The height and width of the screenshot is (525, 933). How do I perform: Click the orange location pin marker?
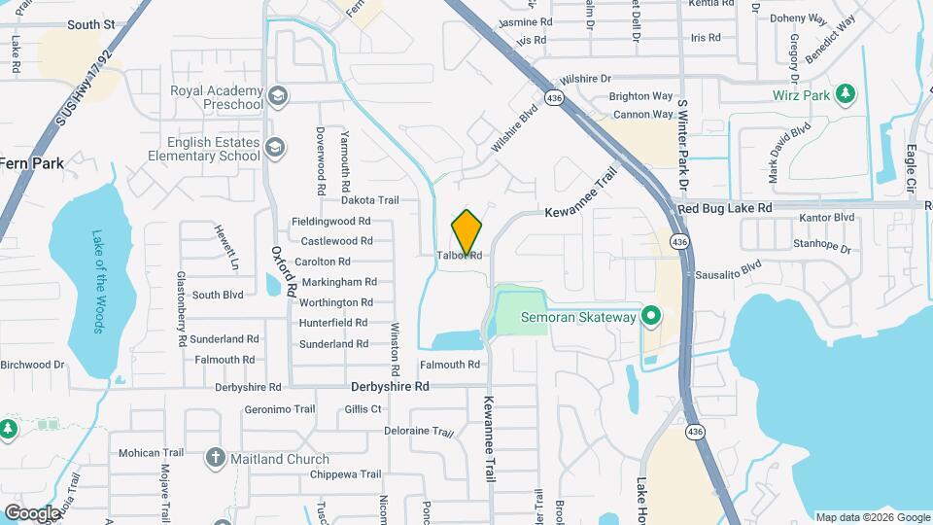coord(466,232)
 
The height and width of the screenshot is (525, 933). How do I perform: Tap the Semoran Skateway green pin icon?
coord(652,317)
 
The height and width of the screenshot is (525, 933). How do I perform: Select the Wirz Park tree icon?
coord(847,93)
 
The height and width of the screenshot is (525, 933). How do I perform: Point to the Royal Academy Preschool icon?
coord(278,95)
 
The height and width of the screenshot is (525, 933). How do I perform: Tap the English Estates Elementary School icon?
coord(275,147)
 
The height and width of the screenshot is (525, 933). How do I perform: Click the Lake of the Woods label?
coord(98,281)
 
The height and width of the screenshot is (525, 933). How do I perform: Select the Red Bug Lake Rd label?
coord(724,208)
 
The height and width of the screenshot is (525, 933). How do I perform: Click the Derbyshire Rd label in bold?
coord(389,386)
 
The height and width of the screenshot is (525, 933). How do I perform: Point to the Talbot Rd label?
coord(460,256)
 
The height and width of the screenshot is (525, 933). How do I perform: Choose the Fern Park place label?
coord(32,163)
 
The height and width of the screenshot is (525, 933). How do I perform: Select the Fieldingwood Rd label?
coord(331,221)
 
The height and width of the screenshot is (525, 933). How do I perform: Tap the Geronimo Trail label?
coord(280,409)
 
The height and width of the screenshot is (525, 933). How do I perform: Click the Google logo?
coord(32,512)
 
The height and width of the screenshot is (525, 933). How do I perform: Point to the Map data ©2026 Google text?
coord(871,517)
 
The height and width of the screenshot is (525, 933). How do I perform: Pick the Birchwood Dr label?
coord(32,365)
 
